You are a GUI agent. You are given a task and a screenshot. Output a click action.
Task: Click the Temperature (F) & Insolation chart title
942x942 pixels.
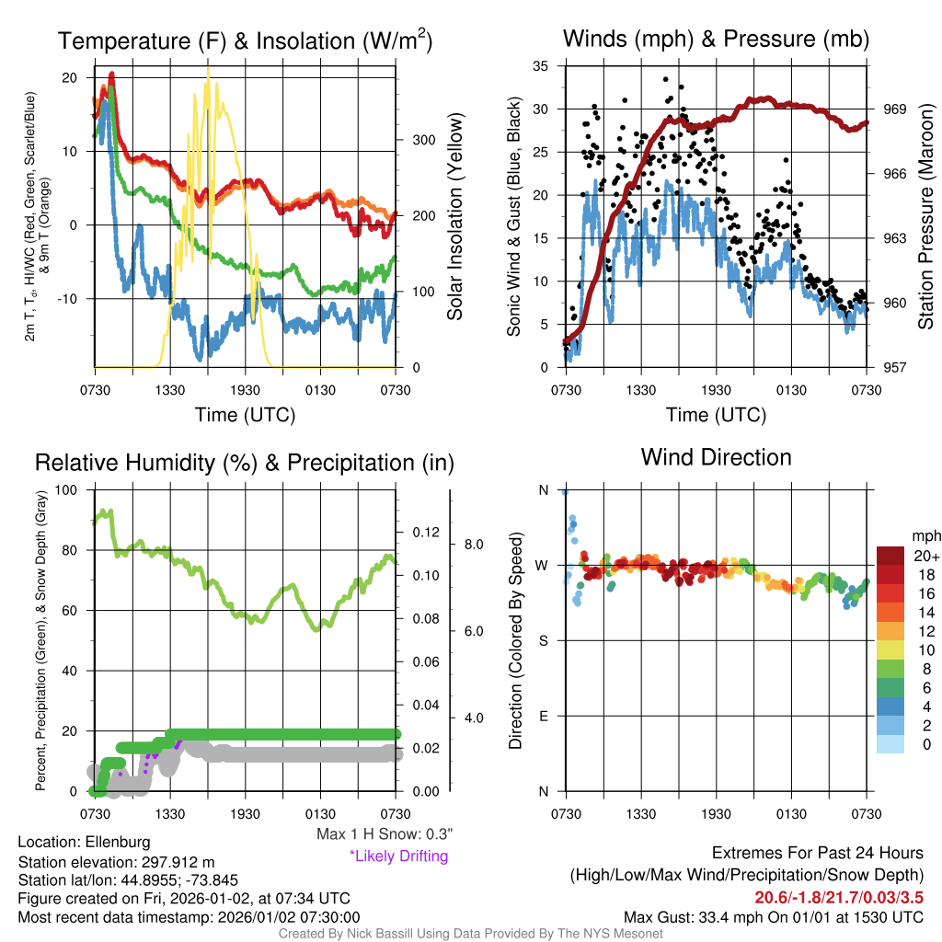(245, 41)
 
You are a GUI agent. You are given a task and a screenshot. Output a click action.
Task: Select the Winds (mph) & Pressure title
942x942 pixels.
(716, 39)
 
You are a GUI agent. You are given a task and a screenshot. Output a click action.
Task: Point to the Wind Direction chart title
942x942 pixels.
(716, 457)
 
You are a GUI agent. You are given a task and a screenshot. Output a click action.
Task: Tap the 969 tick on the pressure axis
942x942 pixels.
(895, 109)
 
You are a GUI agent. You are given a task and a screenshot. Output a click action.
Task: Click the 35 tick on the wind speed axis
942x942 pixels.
(542, 66)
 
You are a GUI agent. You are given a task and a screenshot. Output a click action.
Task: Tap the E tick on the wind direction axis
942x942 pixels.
(544, 716)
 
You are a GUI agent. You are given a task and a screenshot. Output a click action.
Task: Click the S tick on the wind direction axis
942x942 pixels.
(544, 640)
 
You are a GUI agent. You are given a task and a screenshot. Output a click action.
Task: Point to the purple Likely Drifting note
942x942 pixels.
(397, 856)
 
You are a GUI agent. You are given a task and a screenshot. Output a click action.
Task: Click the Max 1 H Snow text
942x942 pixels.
(384, 834)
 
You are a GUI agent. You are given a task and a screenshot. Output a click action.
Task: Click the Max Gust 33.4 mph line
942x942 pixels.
(773, 916)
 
